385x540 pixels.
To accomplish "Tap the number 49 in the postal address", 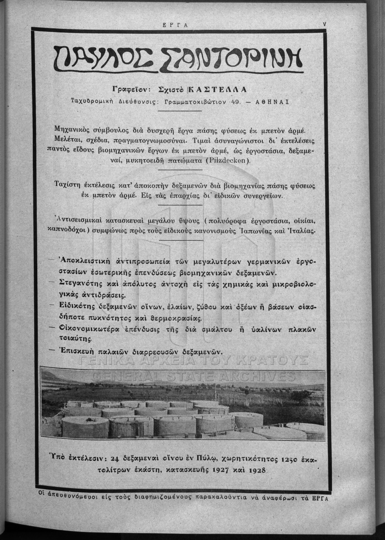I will point(233,102).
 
